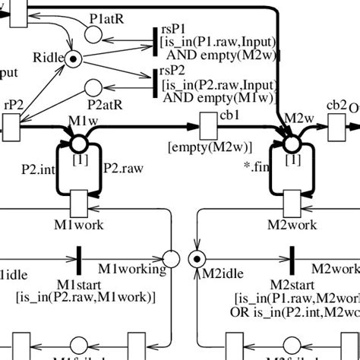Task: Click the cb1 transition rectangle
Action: pos(207,121)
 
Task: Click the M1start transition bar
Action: pos(79,259)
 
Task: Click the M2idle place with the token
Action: pos(197,259)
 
